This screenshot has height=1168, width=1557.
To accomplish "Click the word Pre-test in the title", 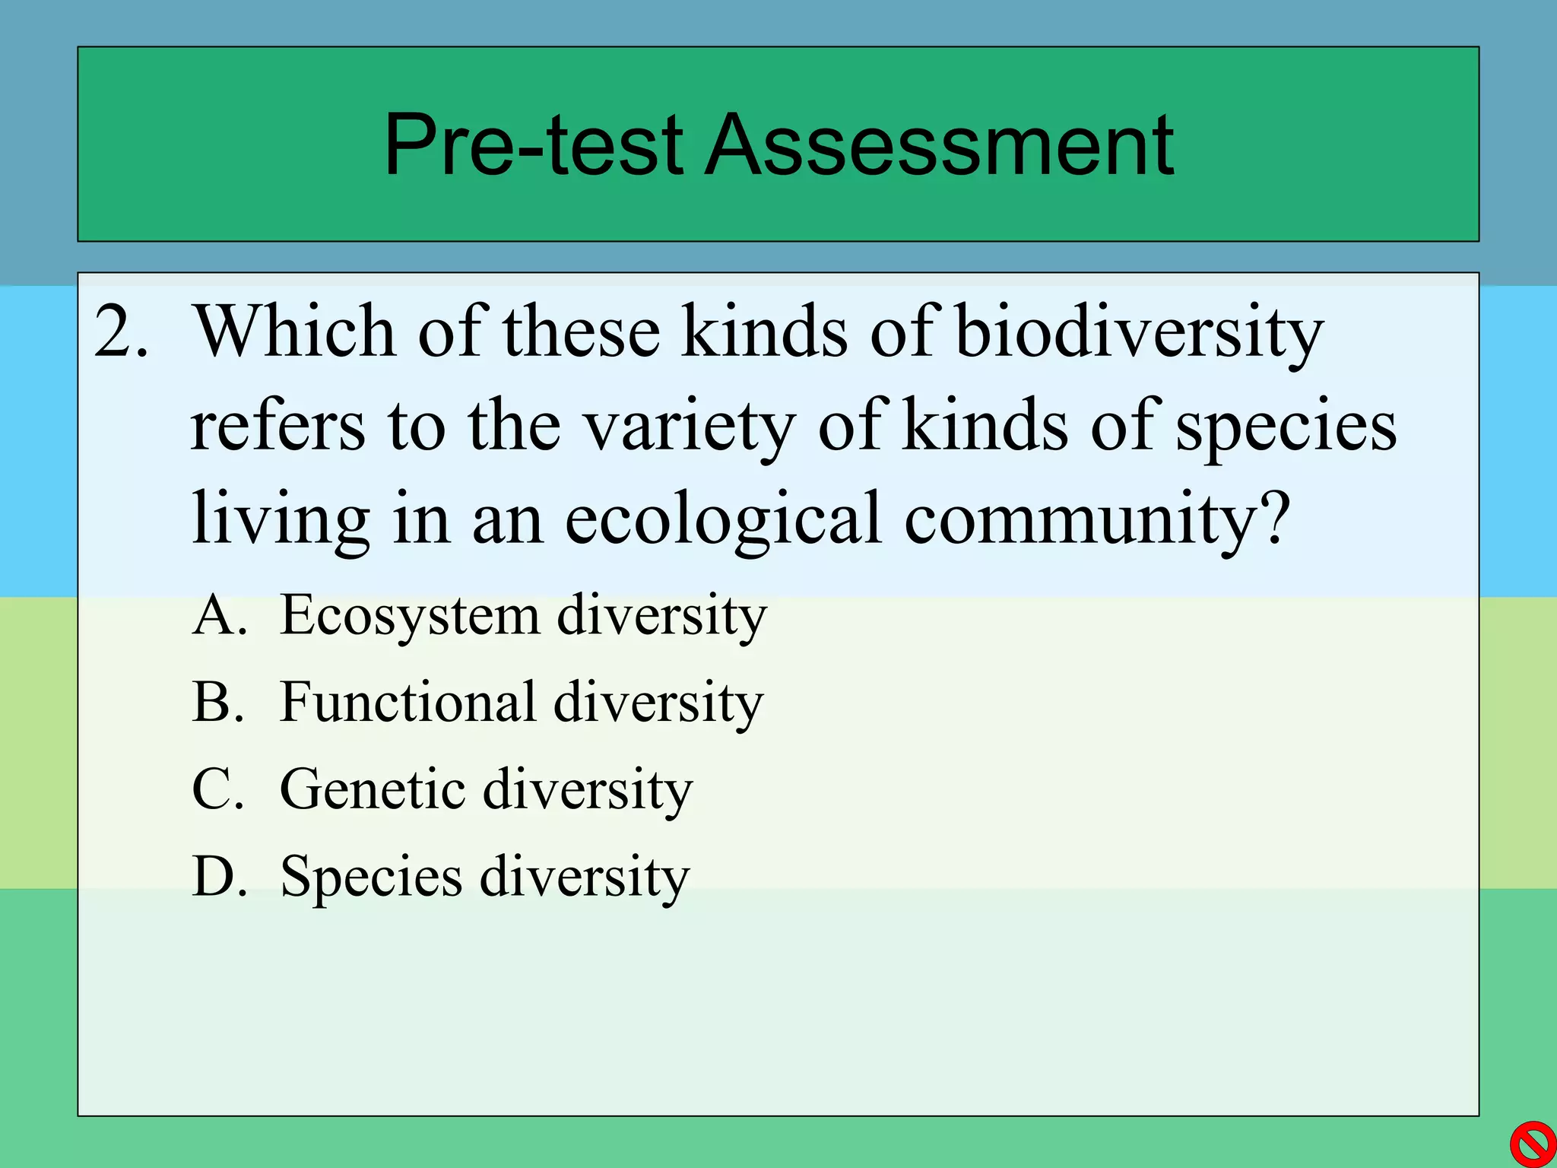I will tap(533, 144).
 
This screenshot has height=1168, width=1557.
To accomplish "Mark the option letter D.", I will tap(217, 877).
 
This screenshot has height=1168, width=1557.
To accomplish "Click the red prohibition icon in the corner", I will tap(1531, 1143).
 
